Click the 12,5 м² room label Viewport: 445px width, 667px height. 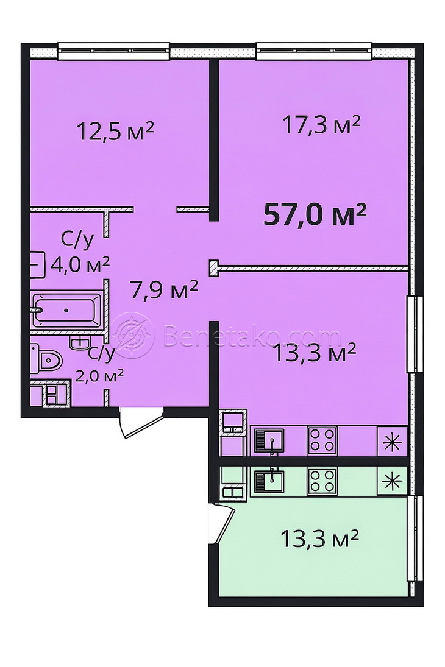click(x=115, y=131)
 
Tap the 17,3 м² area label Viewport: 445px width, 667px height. click(x=321, y=125)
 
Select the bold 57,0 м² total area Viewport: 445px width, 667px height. click(x=315, y=214)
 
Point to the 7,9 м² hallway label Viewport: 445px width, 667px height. click(x=165, y=290)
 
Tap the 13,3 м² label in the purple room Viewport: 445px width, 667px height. click(x=315, y=353)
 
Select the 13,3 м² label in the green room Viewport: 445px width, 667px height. click(x=318, y=538)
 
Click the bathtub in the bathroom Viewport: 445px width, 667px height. click(x=66, y=309)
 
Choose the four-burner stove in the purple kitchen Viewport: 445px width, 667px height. click(x=322, y=440)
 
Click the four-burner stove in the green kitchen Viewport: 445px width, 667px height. click(x=322, y=482)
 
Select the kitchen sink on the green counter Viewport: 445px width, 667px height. click(x=267, y=482)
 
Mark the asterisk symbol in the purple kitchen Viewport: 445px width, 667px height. click(x=392, y=440)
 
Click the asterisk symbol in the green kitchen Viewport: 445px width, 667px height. click(x=392, y=482)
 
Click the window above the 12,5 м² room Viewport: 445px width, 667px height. click(x=113, y=51)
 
